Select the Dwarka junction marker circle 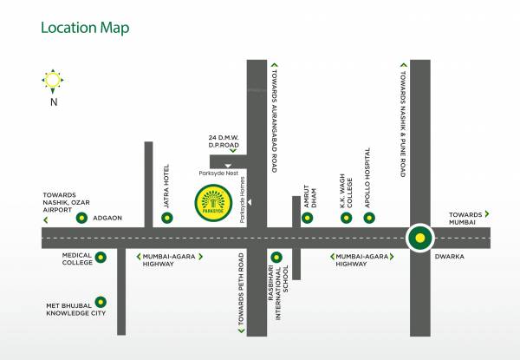click(419, 236)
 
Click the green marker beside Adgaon click(82, 218)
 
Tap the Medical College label click(70, 259)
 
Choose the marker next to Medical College click(101, 257)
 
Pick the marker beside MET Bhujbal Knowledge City click(101, 302)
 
